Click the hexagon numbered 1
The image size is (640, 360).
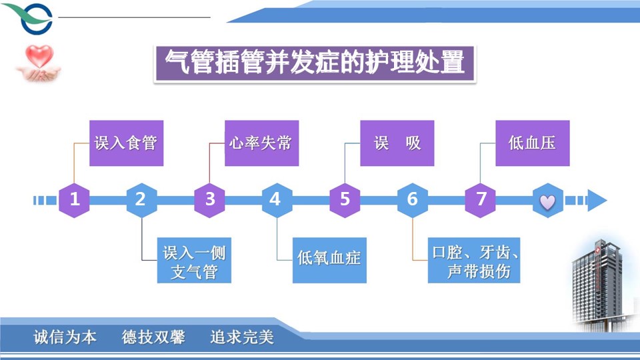tap(75, 199)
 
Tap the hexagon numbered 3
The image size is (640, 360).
tap(210, 199)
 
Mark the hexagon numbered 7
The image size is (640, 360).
tap(481, 199)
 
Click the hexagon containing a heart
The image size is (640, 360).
tap(547, 200)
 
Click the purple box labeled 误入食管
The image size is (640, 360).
tap(126, 143)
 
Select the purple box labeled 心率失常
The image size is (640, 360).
tap(261, 143)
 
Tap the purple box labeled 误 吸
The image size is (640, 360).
tap(397, 143)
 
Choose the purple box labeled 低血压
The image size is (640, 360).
tap(532, 143)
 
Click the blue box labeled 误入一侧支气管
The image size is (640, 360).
tap(194, 261)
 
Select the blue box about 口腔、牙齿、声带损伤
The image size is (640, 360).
tap(474, 261)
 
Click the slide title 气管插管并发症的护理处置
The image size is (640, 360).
tap(315, 63)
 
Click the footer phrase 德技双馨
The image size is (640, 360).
tap(153, 337)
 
